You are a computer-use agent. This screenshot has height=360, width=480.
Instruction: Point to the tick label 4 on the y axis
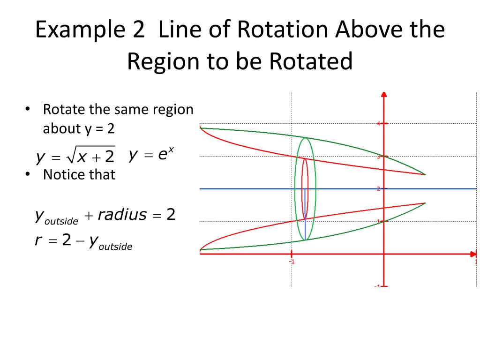click(x=379, y=124)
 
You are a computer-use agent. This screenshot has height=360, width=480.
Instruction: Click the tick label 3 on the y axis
click(x=379, y=157)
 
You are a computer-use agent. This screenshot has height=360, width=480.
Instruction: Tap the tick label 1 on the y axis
click(x=379, y=221)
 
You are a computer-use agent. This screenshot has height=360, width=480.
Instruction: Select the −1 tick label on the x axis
click(x=291, y=262)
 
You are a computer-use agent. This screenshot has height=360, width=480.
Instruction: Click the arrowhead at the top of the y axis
click(x=384, y=94)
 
